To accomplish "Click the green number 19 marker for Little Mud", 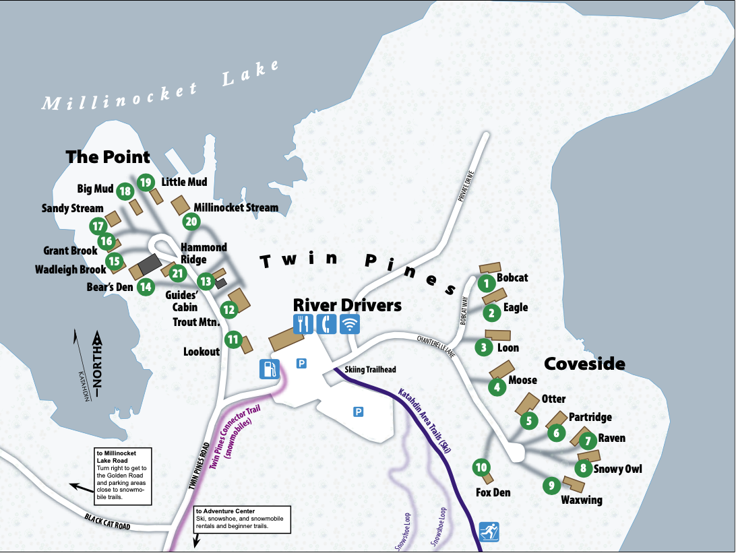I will coord(146,182).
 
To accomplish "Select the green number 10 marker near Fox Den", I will coord(481,467).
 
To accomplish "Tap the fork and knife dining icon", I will coord(303,324).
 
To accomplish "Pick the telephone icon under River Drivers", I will coord(326,324).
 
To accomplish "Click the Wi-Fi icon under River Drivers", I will coord(349,324).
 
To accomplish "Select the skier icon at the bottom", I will coord(489,531).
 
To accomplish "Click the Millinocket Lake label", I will coord(160,86).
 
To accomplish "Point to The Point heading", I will coord(108,157).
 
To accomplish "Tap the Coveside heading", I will coord(584,364).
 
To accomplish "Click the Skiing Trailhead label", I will coord(370,370).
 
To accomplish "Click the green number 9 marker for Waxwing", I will coord(551,484).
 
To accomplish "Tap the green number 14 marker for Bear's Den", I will coord(145,286).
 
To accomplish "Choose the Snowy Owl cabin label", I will coord(617,469).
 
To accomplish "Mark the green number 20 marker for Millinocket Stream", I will coord(191,221).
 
